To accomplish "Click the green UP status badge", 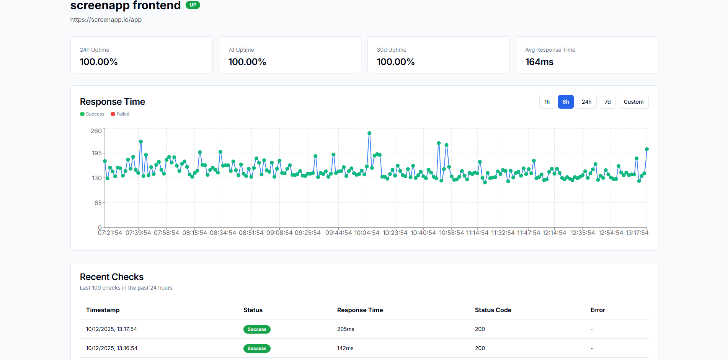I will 193,5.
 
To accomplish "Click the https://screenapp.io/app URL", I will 106,20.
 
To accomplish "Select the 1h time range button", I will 547,102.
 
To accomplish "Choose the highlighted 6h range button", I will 565,102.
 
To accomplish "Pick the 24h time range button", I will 586,102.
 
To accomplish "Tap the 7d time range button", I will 607,102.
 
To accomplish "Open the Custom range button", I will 633,102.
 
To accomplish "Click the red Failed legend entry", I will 120,114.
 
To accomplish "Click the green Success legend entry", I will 92,114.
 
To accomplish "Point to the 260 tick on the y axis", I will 96,131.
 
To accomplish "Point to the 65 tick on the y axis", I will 98,203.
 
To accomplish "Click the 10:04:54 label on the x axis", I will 367,233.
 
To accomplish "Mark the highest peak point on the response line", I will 369,134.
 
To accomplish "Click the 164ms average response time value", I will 539,62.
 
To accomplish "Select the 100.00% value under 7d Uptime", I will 247,62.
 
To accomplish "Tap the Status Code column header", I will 493,310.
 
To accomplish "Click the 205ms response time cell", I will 346,329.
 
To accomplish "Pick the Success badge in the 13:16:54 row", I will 257,349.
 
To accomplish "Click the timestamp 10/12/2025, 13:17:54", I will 111,329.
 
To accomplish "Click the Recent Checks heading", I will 112,277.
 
